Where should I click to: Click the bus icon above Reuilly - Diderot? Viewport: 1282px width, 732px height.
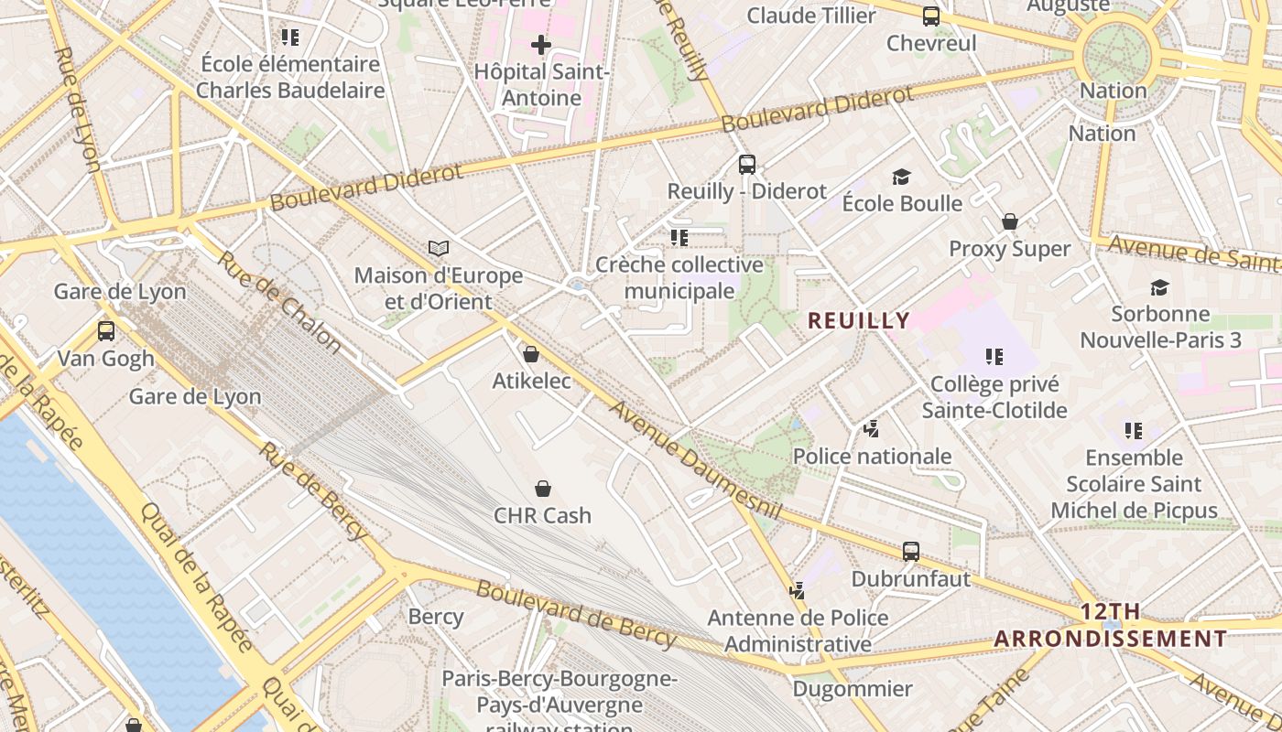[747, 165]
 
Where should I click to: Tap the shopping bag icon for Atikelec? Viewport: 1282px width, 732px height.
[530, 354]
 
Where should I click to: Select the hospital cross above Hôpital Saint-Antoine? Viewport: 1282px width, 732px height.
[541, 44]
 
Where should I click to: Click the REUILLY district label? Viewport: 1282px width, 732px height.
[859, 320]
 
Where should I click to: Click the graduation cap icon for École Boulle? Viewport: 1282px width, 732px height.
[902, 177]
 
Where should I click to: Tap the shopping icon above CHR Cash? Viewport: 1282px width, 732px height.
[543, 489]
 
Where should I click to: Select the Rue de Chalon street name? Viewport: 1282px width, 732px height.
[279, 301]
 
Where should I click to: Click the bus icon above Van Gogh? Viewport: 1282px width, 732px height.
[106, 331]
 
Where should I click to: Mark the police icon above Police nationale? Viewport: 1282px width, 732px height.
[872, 428]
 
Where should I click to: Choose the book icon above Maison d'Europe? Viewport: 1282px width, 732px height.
[439, 248]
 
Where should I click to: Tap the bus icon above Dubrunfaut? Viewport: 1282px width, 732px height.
[910, 552]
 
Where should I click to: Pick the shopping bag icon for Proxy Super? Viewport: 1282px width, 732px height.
[1010, 221]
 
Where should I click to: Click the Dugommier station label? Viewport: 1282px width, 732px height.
[853, 689]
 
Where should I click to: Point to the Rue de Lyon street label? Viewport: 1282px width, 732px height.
[77, 110]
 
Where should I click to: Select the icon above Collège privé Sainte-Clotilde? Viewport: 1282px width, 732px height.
[994, 357]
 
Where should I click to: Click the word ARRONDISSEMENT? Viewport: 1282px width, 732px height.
[1110, 639]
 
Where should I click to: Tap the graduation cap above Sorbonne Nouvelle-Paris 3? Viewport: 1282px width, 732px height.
[1159, 287]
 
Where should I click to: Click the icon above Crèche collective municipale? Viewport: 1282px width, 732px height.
[679, 238]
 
